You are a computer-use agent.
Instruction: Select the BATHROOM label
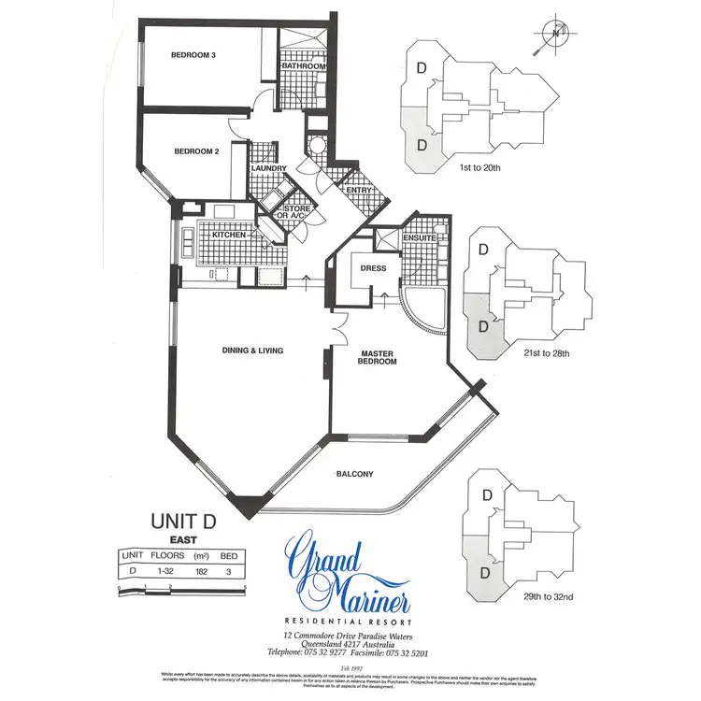point(305,67)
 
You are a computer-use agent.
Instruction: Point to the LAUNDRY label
point(267,169)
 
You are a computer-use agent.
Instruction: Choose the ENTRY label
point(359,191)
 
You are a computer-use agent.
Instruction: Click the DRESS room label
point(373,269)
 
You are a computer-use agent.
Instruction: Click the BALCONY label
point(354,474)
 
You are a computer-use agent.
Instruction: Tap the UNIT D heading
point(183,522)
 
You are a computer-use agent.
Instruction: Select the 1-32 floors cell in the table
point(163,568)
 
